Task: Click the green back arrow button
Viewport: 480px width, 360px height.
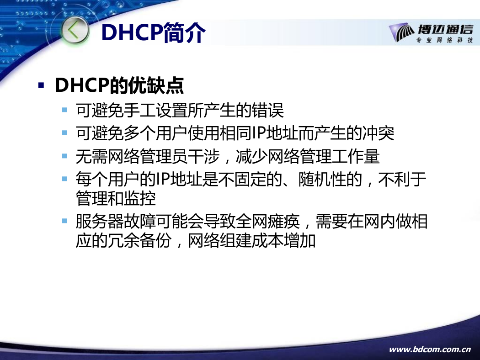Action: (75, 31)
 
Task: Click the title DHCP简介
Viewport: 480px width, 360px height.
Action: (153, 32)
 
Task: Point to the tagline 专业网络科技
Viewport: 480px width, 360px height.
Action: (444, 40)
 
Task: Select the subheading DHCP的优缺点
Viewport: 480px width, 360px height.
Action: (119, 85)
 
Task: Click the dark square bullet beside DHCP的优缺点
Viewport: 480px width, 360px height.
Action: (41, 85)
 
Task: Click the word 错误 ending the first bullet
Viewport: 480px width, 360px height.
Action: (268, 111)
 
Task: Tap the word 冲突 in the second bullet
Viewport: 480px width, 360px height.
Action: (378, 133)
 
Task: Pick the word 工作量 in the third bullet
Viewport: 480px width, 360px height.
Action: (356, 156)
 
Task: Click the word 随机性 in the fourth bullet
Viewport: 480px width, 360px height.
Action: (322, 179)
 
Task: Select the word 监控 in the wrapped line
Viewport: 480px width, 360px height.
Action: (140, 199)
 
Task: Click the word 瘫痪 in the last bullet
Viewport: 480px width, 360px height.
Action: (284, 222)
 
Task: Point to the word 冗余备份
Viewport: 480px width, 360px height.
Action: (139, 241)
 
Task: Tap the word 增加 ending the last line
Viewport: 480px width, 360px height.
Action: (300, 241)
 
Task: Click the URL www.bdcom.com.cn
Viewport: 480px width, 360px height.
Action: (430, 349)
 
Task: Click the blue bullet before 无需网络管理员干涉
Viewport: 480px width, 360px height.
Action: (64, 156)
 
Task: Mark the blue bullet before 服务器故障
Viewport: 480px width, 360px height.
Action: (64, 221)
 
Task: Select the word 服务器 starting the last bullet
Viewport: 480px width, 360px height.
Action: (100, 222)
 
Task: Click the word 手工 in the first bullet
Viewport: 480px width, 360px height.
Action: (139, 111)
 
